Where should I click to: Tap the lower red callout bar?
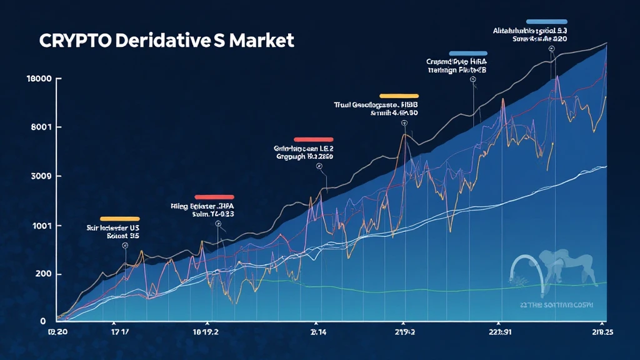click(214, 197)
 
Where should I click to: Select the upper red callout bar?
click(313, 139)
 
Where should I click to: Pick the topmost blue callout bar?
click(547, 21)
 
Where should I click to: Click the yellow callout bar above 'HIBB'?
click(399, 96)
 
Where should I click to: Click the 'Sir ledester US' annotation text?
click(112, 229)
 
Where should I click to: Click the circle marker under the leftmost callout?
click(125, 246)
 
